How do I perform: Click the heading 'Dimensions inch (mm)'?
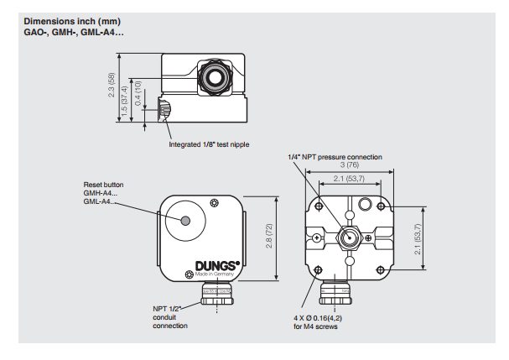click(72, 22)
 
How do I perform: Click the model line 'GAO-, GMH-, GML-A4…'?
click(74, 33)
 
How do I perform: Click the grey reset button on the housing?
click(185, 221)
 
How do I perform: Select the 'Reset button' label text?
click(103, 185)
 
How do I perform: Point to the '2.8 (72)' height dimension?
click(269, 236)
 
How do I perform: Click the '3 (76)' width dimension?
click(350, 164)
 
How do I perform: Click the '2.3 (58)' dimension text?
click(112, 85)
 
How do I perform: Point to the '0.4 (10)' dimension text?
click(138, 93)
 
